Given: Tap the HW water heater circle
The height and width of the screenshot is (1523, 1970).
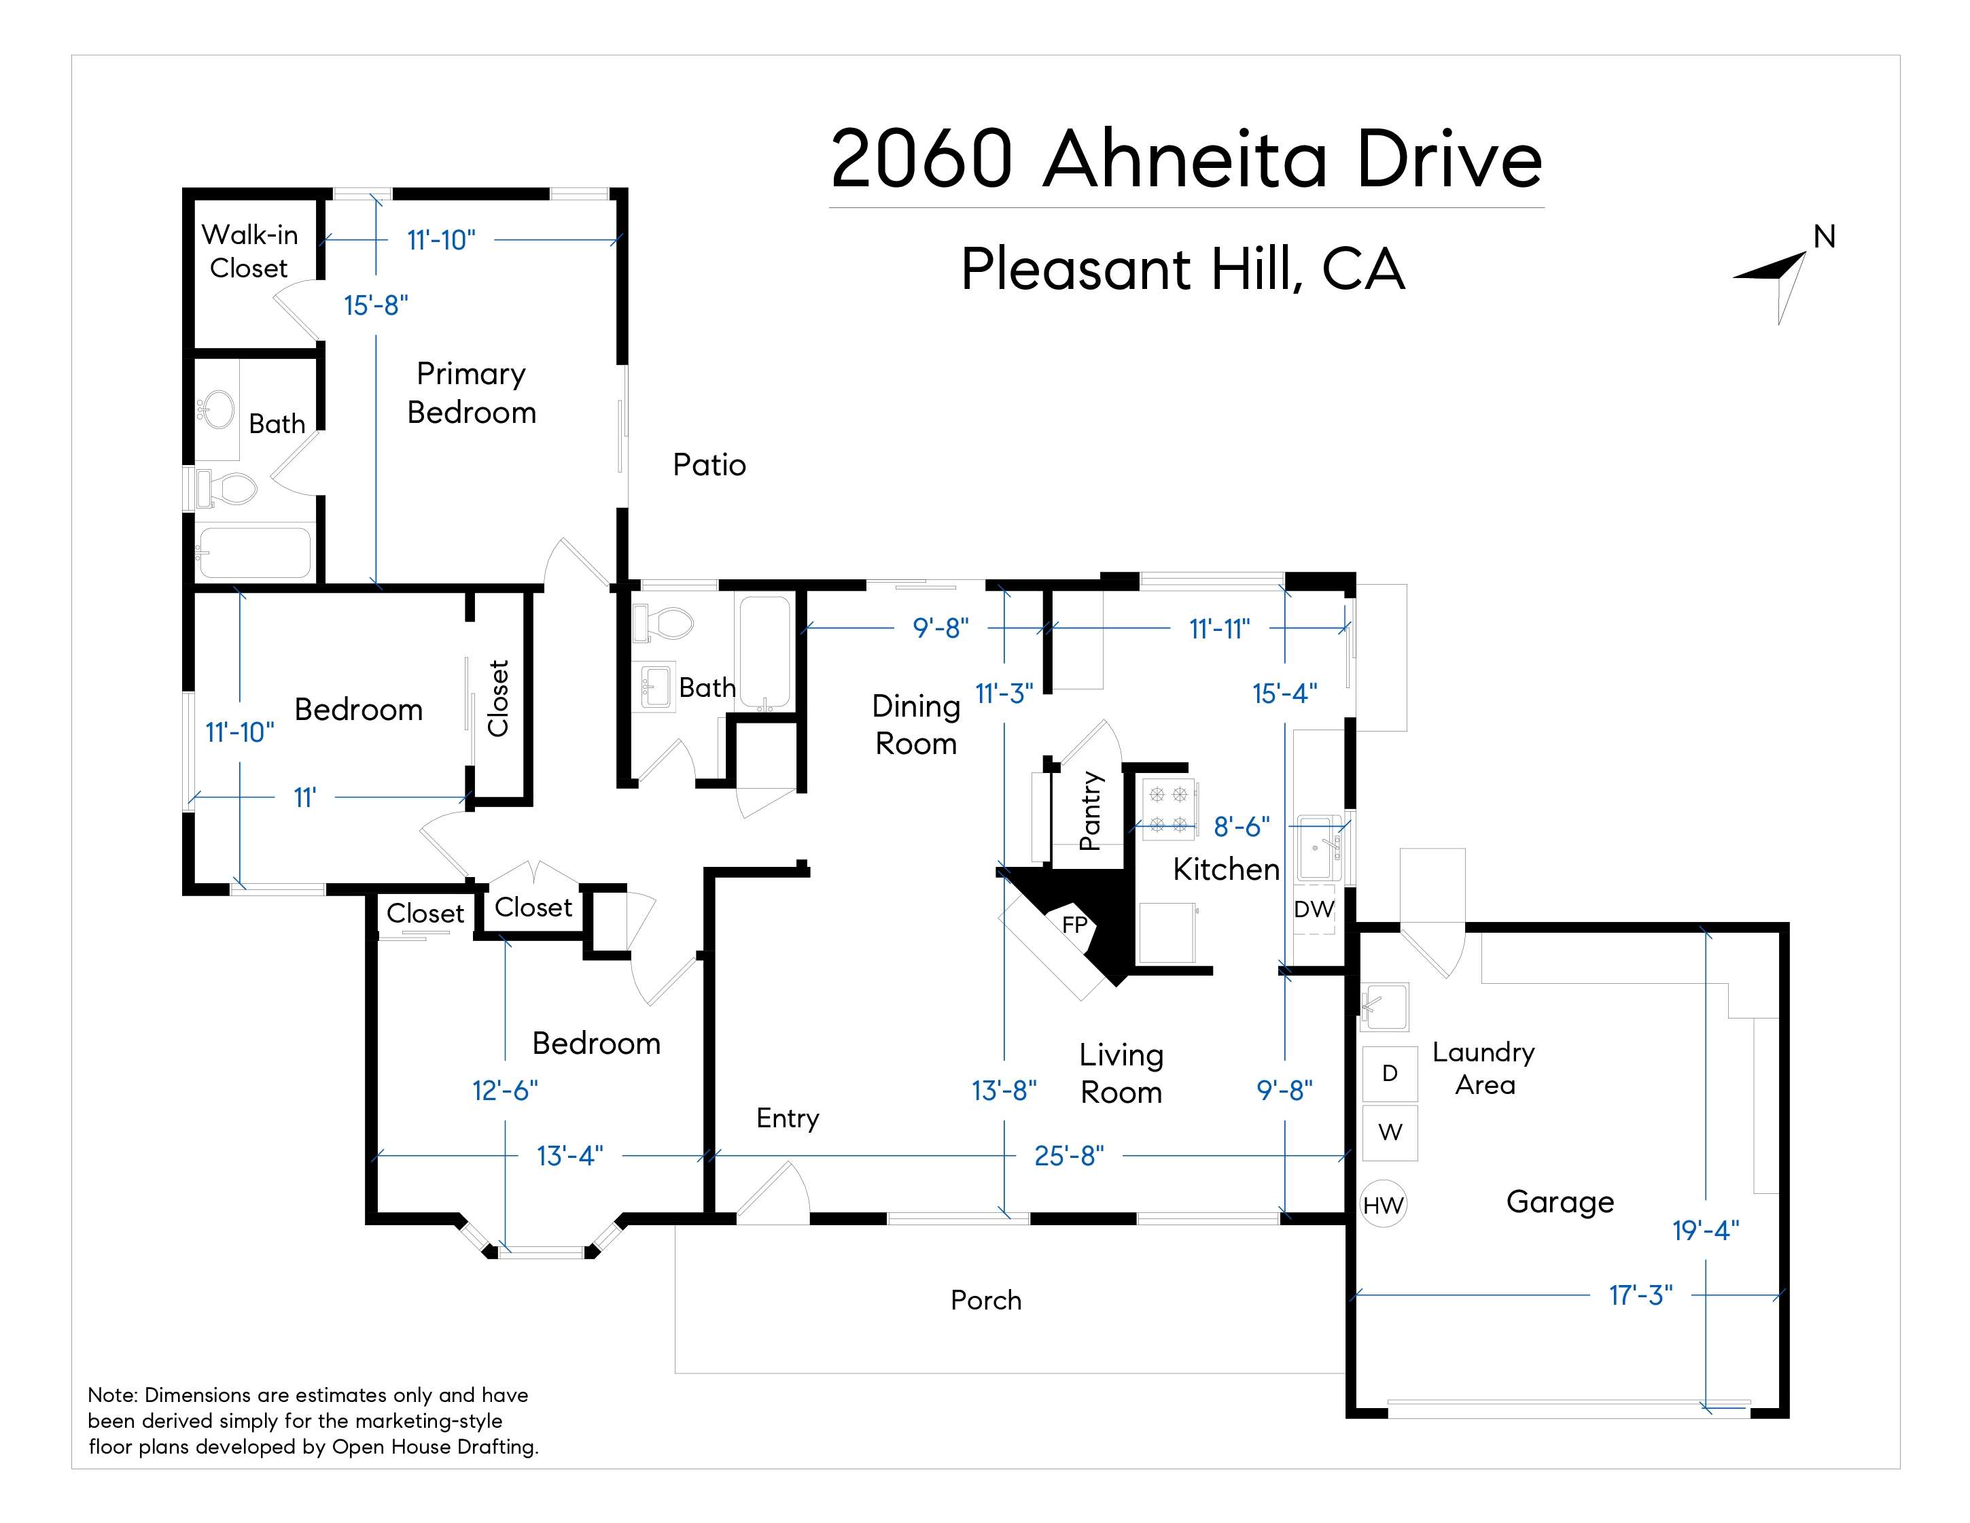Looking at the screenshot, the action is tap(1383, 1205).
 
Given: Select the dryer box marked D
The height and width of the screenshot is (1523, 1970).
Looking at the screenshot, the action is tap(1389, 1073).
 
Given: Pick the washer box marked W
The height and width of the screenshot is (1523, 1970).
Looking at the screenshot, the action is tap(1390, 1131).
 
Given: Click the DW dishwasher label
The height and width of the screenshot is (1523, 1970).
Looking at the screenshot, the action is tap(1314, 908).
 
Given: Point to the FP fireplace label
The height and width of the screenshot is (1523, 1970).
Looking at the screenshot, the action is tap(1075, 924).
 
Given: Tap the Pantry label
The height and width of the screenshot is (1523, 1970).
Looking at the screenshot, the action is tap(1091, 810).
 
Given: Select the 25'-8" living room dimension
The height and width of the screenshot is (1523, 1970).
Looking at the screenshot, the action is tap(1069, 1156).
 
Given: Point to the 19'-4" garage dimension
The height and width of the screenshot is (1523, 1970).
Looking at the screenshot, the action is tap(1706, 1230).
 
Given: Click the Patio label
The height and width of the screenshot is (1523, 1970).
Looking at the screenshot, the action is tap(709, 464).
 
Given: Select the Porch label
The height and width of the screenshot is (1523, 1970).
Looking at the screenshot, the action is tap(986, 1300).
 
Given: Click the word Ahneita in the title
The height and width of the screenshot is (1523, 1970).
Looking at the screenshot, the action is tap(1185, 160).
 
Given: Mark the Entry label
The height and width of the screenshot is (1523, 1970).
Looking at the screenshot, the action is tap(788, 1118).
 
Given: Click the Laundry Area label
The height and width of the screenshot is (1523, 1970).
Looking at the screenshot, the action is tap(1484, 1068).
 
